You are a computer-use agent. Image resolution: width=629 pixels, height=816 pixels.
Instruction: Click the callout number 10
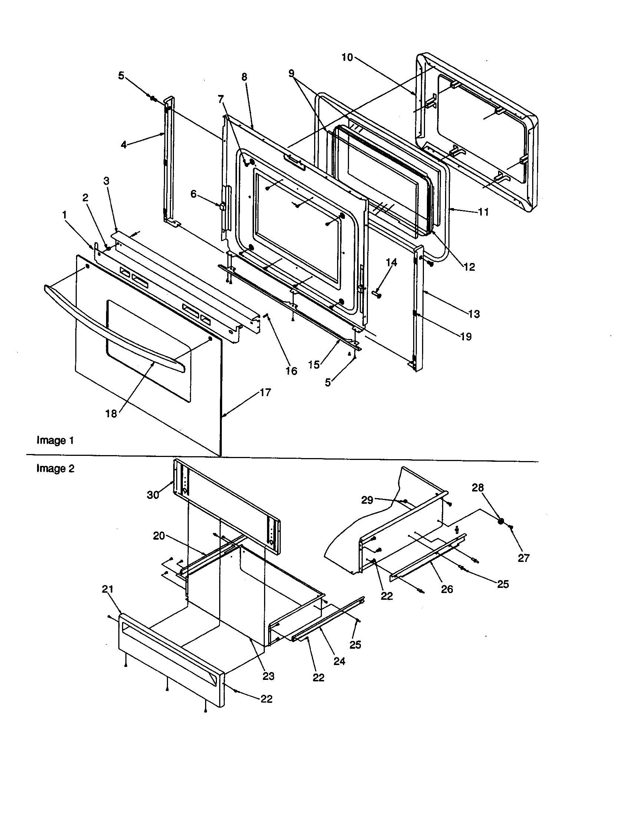pos(347,57)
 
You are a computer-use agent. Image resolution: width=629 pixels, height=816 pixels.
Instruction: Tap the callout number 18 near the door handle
pos(111,414)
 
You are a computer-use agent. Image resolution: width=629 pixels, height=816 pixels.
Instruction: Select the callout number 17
pos(265,392)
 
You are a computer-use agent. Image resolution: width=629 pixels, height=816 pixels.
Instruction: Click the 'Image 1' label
pos(55,440)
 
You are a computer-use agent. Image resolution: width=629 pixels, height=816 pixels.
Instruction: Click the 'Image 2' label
pos(55,468)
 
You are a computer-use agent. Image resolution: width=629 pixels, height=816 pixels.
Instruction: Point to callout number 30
pos(153,495)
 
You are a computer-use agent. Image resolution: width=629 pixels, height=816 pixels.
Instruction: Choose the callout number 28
pos(478,488)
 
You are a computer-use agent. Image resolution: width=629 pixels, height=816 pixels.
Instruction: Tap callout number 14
pos(391,262)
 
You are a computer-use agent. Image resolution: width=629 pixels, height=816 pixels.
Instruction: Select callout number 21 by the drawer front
pos(108,589)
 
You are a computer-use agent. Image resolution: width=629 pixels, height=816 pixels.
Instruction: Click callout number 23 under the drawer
pos(269,676)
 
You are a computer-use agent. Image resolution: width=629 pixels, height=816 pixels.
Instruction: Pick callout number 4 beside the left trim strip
pos(124,144)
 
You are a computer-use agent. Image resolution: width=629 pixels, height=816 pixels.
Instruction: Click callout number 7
pos(221,99)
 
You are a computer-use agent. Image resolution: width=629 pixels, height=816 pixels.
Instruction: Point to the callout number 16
pos(292,371)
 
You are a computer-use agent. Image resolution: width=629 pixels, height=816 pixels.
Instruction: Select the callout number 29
pos(367,500)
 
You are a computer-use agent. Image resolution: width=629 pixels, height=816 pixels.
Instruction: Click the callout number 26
pos(447,589)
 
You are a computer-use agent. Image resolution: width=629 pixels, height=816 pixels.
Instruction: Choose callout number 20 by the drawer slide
pos(159,536)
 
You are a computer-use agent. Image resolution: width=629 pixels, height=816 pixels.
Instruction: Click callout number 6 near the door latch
pos(193,194)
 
